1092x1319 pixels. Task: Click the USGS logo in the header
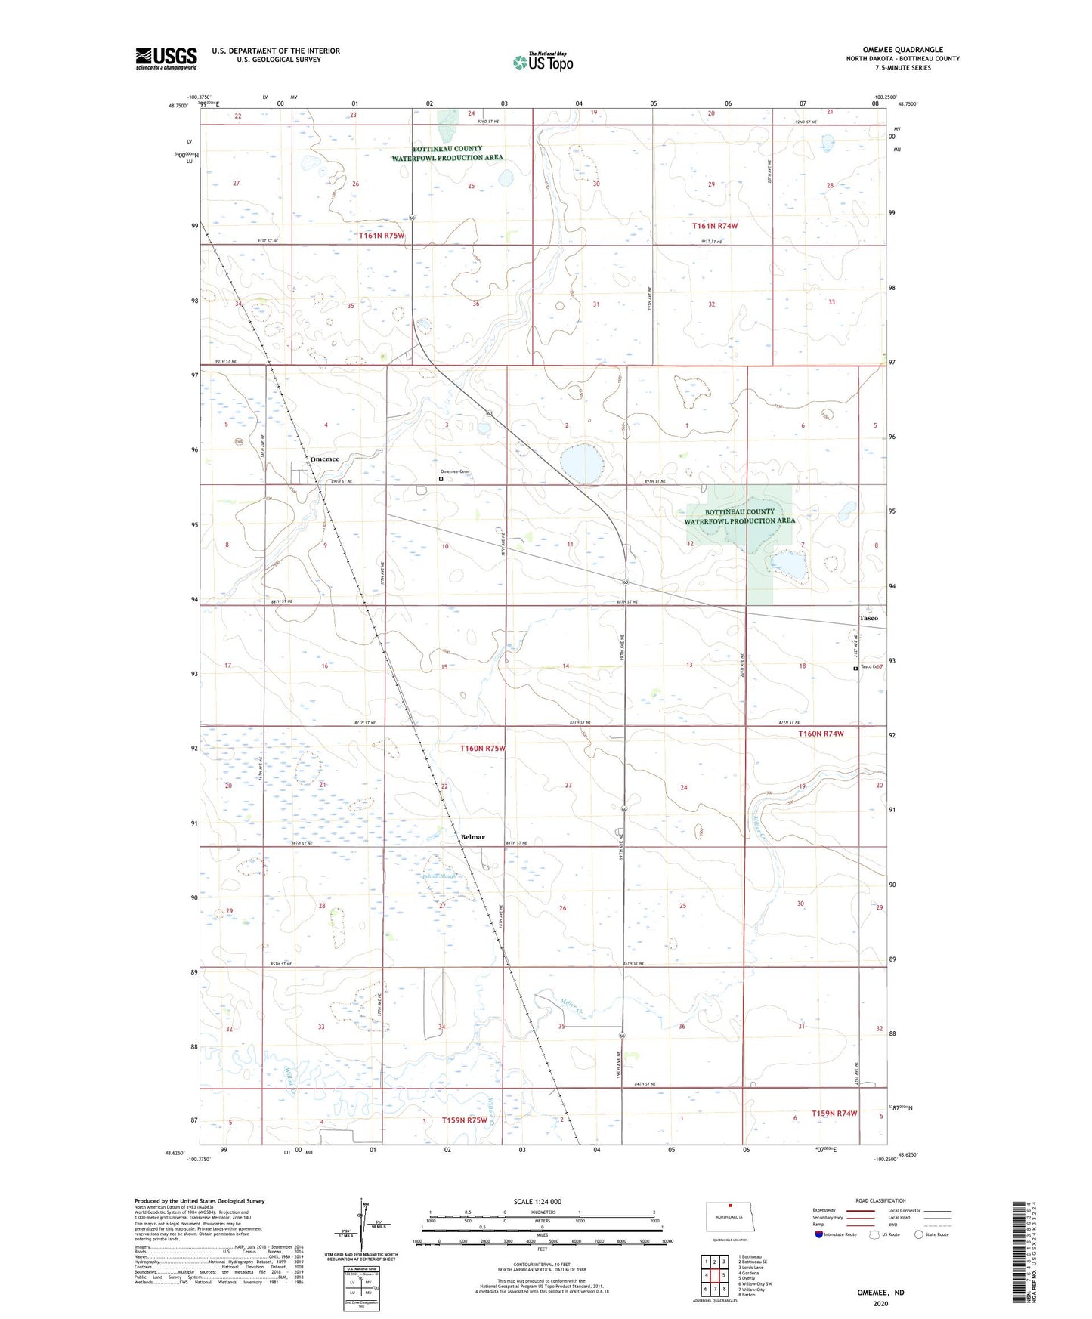click(x=166, y=58)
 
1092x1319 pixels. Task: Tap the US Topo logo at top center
click(x=543, y=62)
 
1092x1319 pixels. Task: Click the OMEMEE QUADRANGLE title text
click(x=902, y=50)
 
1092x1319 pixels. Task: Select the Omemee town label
click(x=324, y=459)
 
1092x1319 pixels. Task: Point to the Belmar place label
click(x=472, y=837)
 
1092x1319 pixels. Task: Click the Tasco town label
click(x=868, y=618)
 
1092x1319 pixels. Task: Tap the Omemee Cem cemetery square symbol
click(x=441, y=478)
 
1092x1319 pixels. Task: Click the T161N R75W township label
click(x=382, y=236)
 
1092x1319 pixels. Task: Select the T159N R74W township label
click(x=834, y=1114)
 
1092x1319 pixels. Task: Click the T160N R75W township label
click(x=482, y=749)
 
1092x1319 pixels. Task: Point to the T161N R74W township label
click(x=714, y=226)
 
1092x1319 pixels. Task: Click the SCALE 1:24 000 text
click(x=537, y=1202)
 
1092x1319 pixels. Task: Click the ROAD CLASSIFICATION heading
click(x=880, y=1200)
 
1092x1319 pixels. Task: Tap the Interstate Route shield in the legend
click(x=820, y=1234)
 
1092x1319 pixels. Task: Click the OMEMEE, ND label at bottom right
click(x=880, y=1293)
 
